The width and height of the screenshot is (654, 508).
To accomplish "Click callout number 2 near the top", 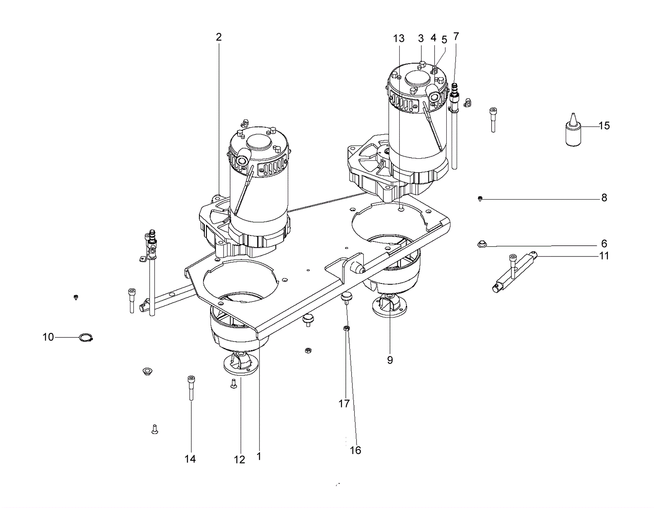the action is pyautogui.click(x=219, y=37).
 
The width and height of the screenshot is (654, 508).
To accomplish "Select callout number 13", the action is pyautogui.click(x=399, y=38).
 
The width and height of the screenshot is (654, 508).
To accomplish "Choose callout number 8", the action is pyautogui.click(x=604, y=198).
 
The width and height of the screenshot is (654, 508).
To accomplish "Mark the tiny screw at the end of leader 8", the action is pyautogui.click(x=480, y=198).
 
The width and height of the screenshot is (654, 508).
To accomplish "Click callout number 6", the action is pyautogui.click(x=604, y=243).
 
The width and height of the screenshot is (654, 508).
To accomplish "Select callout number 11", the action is pyautogui.click(x=604, y=256).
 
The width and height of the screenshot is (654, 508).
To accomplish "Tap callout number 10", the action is pyautogui.click(x=48, y=337).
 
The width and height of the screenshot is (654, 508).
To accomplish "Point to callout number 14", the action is pyautogui.click(x=190, y=459).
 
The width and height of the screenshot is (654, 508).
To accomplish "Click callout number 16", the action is pyautogui.click(x=356, y=450).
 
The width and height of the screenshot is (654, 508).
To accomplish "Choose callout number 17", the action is pyautogui.click(x=344, y=404).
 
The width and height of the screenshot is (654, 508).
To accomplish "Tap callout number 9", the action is pyautogui.click(x=390, y=360).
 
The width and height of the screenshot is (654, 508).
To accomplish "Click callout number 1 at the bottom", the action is pyautogui.click(x=259, y=456).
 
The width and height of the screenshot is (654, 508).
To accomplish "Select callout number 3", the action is pyautogui.click(x=421, y=38).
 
